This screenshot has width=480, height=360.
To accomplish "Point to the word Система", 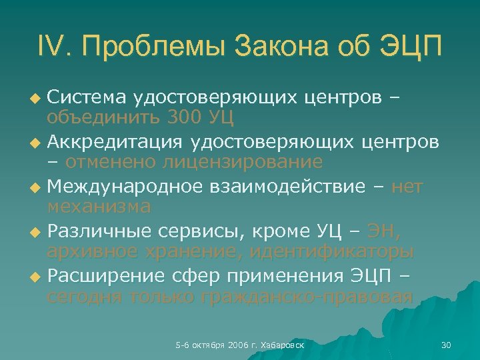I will click(x=87, y=99).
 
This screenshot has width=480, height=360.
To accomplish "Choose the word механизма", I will click(x=99, y=206).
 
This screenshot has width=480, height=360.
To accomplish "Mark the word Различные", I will click(x=100, y=233).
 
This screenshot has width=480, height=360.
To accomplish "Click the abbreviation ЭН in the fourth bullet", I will click(x=387, y=233).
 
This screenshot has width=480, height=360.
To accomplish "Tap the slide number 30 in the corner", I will click(x=447, y=345).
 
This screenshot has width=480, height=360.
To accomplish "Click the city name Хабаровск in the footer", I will click(x=284, y=345).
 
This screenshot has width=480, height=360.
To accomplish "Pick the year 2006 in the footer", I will click(x=237, y=345).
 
